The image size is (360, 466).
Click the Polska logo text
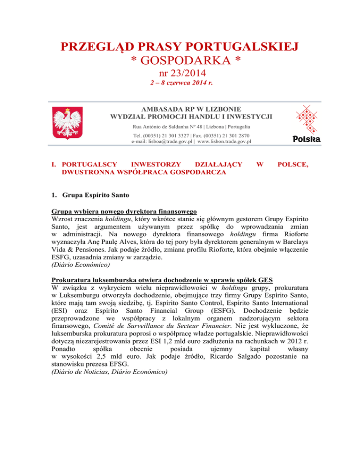(x=307, y=139)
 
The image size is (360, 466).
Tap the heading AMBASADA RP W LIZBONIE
(x=180, y=107)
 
